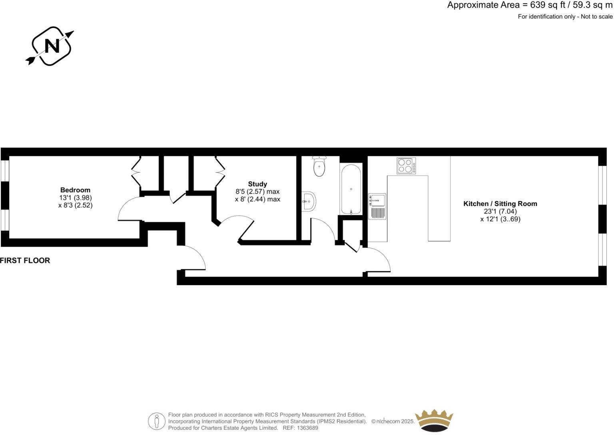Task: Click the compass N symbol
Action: pos(51,46)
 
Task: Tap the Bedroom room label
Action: pos(75,190)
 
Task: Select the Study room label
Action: pos(257,184)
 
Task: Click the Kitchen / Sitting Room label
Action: pos(500,204)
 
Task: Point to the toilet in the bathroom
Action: pos(319,166)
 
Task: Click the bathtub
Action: pos(351,189)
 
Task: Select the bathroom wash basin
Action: pos(309,201)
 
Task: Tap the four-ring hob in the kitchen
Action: pos(406,166)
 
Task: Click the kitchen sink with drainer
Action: pos(377,206)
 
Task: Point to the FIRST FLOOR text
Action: pos(25,260)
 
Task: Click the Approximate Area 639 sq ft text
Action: pos(530,5)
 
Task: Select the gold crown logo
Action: pos(434,420)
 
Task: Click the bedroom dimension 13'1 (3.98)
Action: pos(75,198)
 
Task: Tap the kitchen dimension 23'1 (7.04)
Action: pos(500,212)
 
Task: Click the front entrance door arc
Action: pos(195,256)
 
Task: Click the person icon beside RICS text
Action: pos(157,421)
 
